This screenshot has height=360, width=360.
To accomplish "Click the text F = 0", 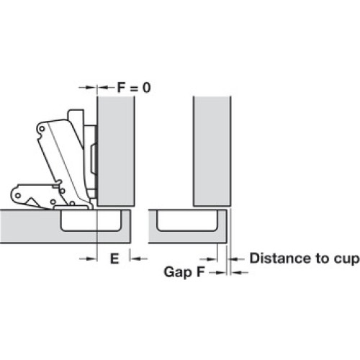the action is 134,88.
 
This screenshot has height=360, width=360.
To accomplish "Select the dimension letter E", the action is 114,258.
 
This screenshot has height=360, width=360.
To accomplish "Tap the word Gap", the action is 178,273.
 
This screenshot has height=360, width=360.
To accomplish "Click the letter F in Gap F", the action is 200,272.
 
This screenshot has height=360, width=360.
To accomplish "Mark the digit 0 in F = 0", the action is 147,88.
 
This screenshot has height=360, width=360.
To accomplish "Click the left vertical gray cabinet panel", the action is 116,151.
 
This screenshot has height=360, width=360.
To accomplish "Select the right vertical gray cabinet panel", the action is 212,151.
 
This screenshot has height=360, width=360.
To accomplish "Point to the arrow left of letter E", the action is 89,258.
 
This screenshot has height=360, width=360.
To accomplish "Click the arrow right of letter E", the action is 139,258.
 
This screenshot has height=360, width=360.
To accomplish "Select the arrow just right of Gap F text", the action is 217,272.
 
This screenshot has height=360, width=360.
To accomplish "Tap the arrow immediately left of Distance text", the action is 235,259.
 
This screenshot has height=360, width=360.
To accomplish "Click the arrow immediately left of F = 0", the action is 88,88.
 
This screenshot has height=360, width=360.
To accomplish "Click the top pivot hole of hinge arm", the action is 42,129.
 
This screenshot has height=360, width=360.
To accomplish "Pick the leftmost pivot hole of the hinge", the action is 18,196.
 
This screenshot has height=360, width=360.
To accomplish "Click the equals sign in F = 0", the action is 134,88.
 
